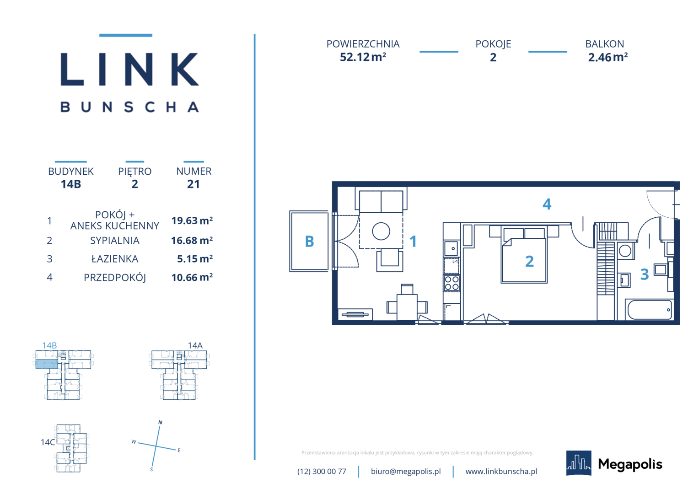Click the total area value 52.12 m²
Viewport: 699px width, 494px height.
[x=363, y=57]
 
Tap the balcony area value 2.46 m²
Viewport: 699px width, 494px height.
[x=608, y=57]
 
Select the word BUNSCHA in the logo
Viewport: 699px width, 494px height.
[x=129, y=107]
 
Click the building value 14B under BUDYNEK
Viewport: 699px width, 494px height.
[x=71, y=184]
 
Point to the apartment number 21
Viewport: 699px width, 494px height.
[x=194, y=184]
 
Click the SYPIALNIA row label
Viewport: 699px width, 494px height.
[x=115, y=241]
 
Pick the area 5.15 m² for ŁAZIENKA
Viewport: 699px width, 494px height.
[x=195, y=259]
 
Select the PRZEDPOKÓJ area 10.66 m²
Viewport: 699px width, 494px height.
[x=192, y=277]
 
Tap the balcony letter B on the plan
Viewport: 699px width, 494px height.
[x=309, y=241]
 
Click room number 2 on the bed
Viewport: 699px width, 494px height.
[x=530, y=261]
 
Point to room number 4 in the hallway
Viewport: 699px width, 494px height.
[x=547, y=204]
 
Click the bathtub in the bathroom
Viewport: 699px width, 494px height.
[x=650, y=310]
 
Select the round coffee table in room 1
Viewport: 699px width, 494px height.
[x=381, y=231]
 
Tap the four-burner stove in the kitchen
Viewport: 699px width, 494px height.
[x=452, y=283]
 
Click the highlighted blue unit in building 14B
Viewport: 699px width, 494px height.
[x=47, y=364]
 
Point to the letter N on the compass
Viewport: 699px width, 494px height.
[x=160, y=422]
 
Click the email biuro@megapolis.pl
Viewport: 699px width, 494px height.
[x=406, y=471]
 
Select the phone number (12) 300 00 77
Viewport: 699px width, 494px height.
[x=322, y=471]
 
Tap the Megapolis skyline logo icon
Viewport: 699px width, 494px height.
[x=579, y=463]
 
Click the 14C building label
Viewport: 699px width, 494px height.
[x=48, y=442]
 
